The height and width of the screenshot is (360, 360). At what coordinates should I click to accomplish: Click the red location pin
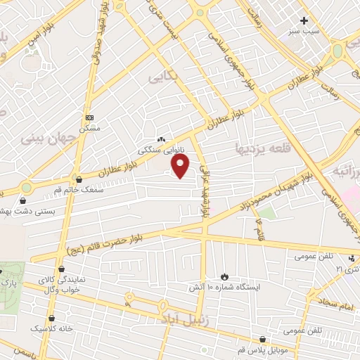tap(181, 167)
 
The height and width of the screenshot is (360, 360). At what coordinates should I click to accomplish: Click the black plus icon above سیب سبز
tap(304, 20)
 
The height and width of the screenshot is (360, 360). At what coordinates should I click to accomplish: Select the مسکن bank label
tap(89, 128)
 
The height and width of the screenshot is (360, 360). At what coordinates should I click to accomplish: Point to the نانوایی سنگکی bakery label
tap(160, 150)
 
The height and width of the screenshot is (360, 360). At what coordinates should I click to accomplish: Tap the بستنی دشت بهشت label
tap(21, 211)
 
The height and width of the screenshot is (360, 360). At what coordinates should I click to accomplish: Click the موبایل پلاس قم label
tap(262, 349)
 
